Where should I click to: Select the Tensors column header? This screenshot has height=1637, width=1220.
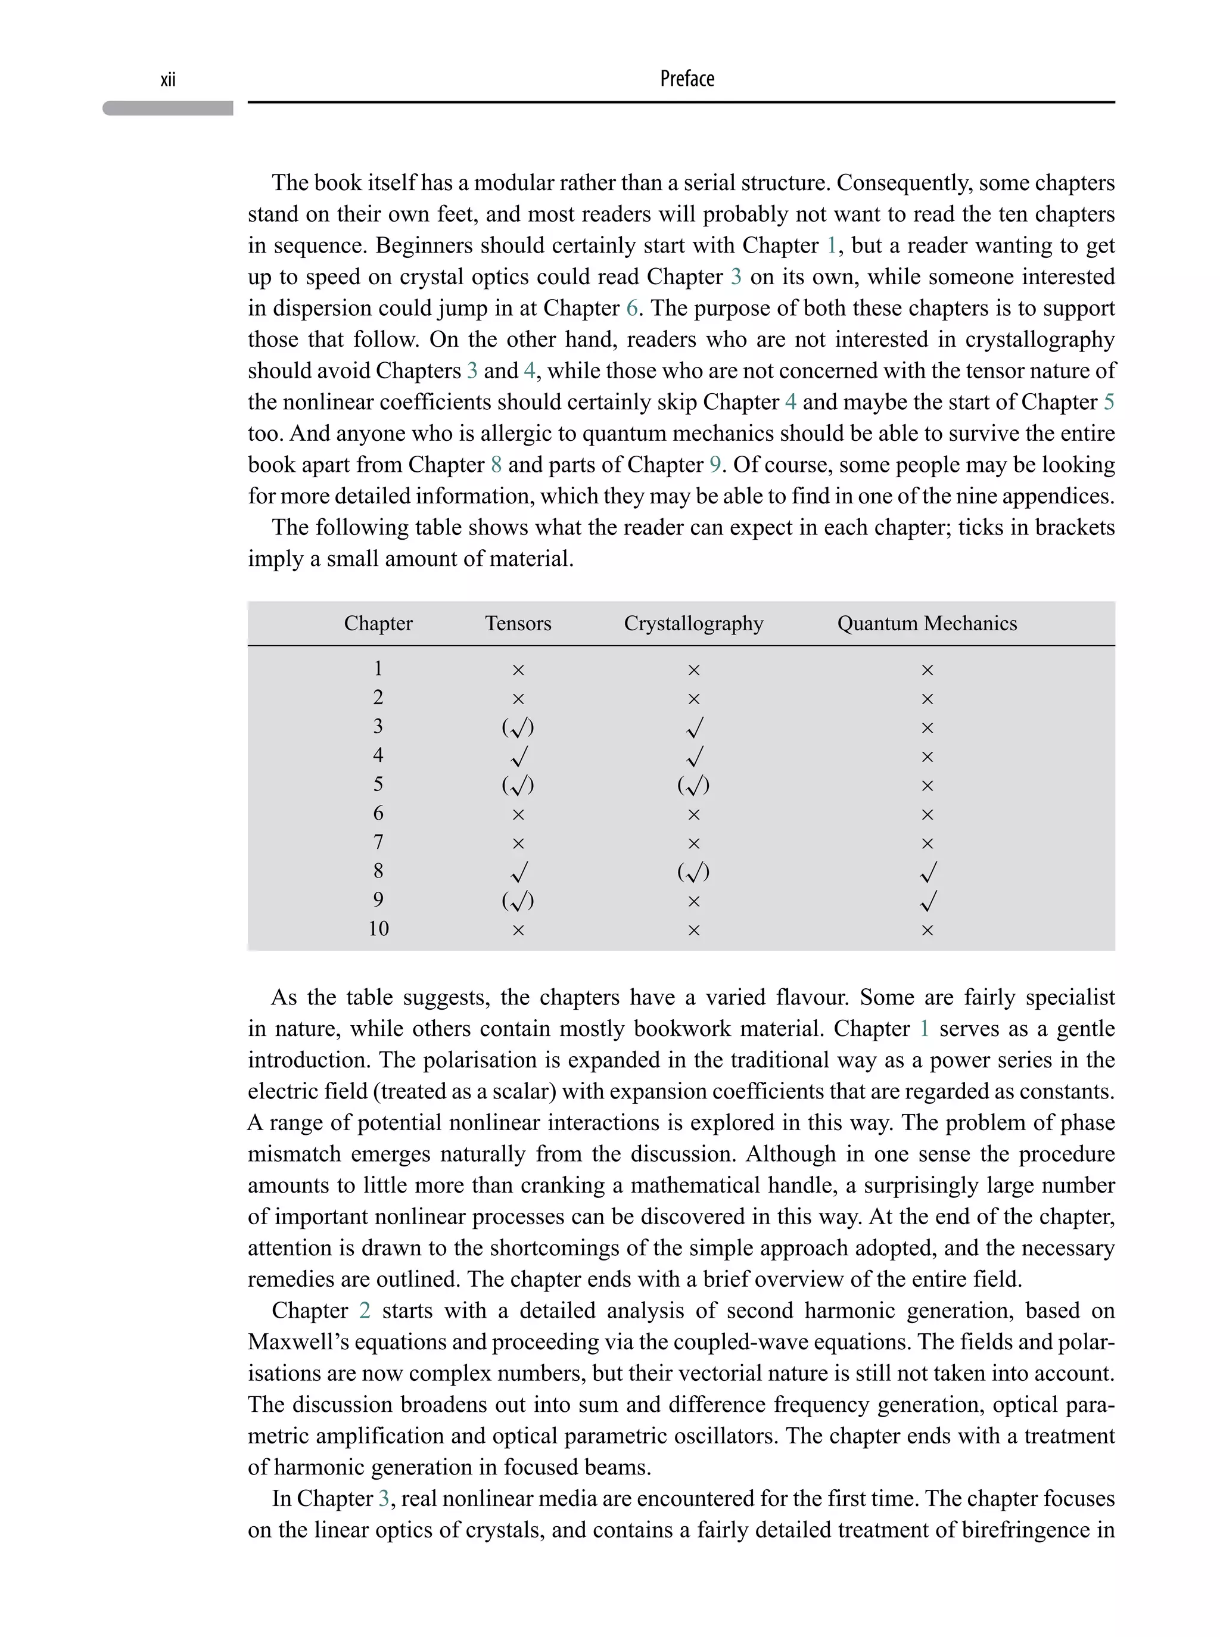pyautogui.click(x=518, y=623)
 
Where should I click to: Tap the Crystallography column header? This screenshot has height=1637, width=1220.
pyautogui.click(x=693, y=623)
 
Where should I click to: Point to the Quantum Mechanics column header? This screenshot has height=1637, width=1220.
pyautogui.click(x=927, y=623)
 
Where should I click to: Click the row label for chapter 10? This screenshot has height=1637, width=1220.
pyautogui.click(x=378, y=929)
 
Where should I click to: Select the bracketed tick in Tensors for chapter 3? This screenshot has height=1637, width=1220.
pyautogui.click(x=518, y=728)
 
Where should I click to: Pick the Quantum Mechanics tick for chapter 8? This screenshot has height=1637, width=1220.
pyautogui.click(x=928, y=872)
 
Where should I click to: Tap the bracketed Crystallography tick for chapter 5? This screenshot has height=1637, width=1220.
pyautogui.click(x=693, y=786)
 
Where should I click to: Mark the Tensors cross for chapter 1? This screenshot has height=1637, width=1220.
pyautogui.click(x=518, y=670)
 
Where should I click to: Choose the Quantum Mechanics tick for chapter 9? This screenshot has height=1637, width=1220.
pyautogui.click(x=928, y=901)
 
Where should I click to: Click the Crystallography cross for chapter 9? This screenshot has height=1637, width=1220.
pyautogui.click(x=693, y=901)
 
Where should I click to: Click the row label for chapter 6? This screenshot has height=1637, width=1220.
pyautogui.click(x=378, y=814)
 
